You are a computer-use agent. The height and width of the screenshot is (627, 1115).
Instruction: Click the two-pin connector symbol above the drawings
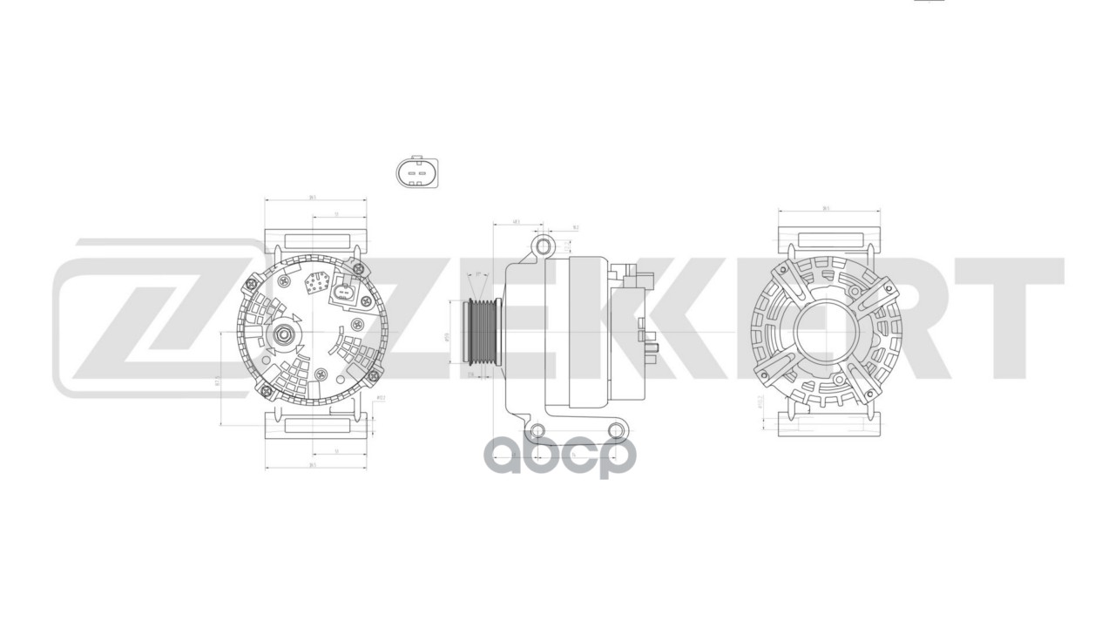click(x=416, y=172)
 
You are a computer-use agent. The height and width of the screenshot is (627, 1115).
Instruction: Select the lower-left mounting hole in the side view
click(x=537, y=429)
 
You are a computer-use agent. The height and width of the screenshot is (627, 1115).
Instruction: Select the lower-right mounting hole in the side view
click(x=616, y=429)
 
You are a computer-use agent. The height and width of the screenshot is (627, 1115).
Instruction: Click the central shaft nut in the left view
click(x=285, y=334)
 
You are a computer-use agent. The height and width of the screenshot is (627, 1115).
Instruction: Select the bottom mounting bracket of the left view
click(x=315, y=426)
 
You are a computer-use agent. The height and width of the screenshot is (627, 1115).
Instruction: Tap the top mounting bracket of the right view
click(x=828, y=239)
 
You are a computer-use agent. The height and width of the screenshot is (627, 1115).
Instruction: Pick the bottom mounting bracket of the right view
click(x=828, y=424)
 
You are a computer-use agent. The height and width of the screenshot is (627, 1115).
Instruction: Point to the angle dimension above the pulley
click(x=477, y=275)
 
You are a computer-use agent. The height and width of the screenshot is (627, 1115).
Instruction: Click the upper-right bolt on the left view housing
click(x=357, y=266)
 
